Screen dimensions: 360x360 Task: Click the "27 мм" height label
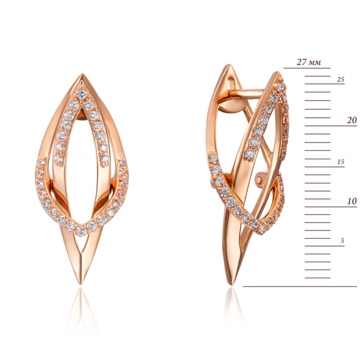(309, 62)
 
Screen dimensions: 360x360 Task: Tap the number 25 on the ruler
(340, 79)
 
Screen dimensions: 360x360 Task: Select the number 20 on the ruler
(352, 120)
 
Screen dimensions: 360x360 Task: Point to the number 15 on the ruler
(340, 162)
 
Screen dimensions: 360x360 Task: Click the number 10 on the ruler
(352, 201)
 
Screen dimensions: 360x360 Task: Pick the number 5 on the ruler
(342, 241)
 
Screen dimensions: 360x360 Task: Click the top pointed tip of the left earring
(82, 74)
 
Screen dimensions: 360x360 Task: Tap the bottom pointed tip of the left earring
(80, 284)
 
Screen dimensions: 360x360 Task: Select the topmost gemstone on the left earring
(82, 94)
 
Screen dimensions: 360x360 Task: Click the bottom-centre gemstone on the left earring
(81, 230)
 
